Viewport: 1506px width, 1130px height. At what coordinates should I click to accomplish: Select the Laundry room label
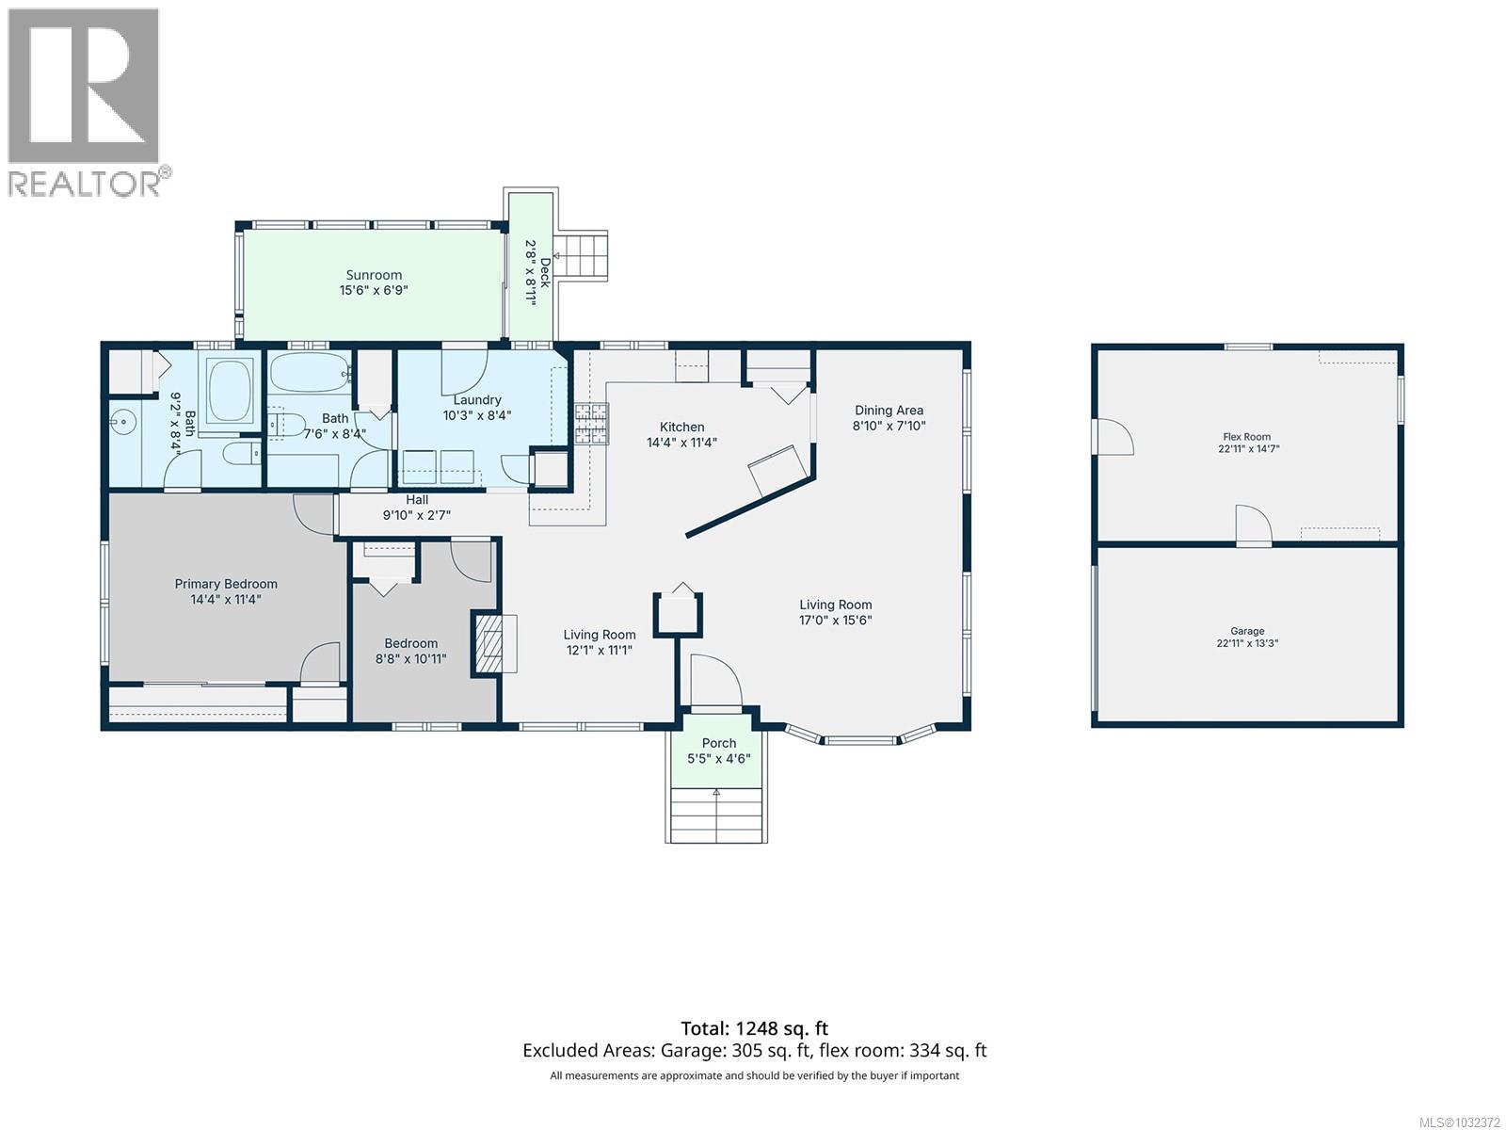477,399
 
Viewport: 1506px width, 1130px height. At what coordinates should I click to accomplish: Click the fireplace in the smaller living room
488,643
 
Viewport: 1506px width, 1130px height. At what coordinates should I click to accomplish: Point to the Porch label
719,743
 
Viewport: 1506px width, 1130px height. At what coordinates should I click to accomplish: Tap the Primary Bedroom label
226,584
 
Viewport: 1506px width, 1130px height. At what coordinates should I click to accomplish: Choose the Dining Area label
889,410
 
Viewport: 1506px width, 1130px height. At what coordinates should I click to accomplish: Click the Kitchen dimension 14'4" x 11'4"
682,442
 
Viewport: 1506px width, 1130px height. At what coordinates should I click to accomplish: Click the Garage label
1247,631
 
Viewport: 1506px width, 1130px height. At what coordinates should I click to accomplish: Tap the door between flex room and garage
1253,526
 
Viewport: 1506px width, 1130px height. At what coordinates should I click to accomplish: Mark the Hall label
417,499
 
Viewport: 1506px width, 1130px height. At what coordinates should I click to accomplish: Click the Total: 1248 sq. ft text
754,1027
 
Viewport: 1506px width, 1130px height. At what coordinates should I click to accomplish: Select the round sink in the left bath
123,423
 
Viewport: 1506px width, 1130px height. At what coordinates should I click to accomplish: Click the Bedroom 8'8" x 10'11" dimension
411,658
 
